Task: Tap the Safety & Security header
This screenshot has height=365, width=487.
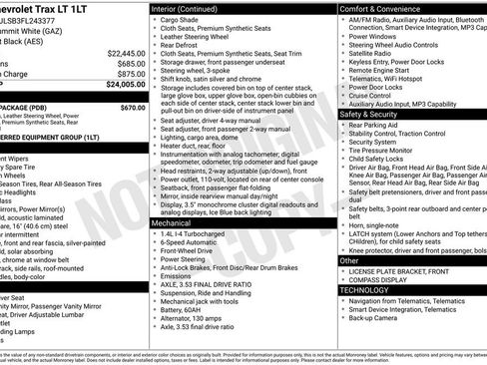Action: (375, 115)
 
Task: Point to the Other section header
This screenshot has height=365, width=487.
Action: (349, 260)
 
